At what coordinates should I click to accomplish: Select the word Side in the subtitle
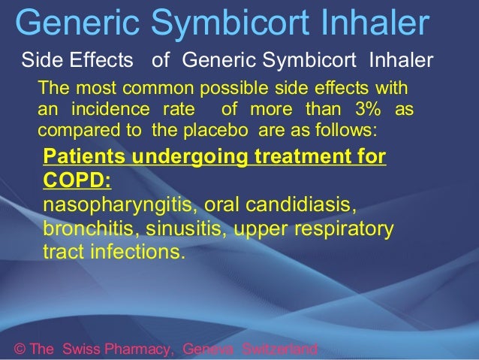click(39, 60)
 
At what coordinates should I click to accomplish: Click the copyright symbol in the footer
click(20, 349)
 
